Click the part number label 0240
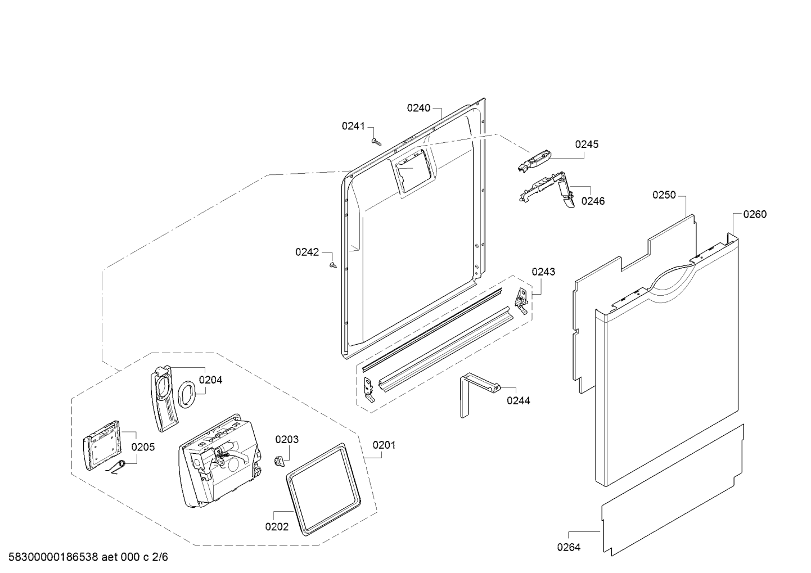(418, 108)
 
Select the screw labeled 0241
(376, 142)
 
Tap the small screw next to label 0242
(333, 265)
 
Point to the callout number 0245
(587, 144)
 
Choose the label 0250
(664, 195)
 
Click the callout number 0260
(755, 214)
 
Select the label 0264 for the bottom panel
(569, 547)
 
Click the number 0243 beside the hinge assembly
(543, 272)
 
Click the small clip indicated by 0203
(278, 462)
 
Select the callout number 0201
(384, 445)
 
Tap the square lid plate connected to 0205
(102, 445)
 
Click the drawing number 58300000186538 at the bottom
(53, 557)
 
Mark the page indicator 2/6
(160, 557)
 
